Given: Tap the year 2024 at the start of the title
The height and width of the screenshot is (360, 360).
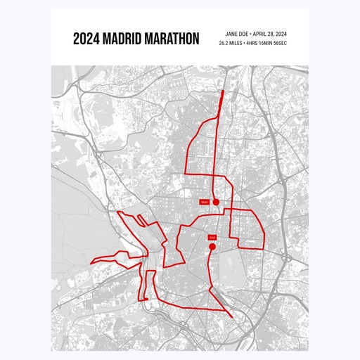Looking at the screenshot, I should (x=86, y=38).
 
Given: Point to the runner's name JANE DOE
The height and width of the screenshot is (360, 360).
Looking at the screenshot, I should (x=236, y=33).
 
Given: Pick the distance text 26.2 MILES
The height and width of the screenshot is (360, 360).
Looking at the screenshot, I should (x=233, y=44).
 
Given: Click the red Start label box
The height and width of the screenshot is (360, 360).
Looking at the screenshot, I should (x=205, y=202).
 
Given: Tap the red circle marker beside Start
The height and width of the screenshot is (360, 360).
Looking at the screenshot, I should (x=217, y=202).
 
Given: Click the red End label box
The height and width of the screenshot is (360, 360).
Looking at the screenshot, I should (x=212, y=238).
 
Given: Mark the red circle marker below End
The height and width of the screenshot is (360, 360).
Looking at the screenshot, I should (x=212, y=247).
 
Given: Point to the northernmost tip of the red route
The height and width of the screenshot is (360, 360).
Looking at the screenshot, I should (x=223, y=91).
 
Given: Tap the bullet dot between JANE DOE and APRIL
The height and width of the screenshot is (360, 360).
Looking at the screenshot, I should (x=251, y=33).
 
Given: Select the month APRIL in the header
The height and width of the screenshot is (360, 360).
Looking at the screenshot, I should (x=262, y=33).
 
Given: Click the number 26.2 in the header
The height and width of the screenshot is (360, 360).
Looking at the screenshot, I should (x=225, y=44).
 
